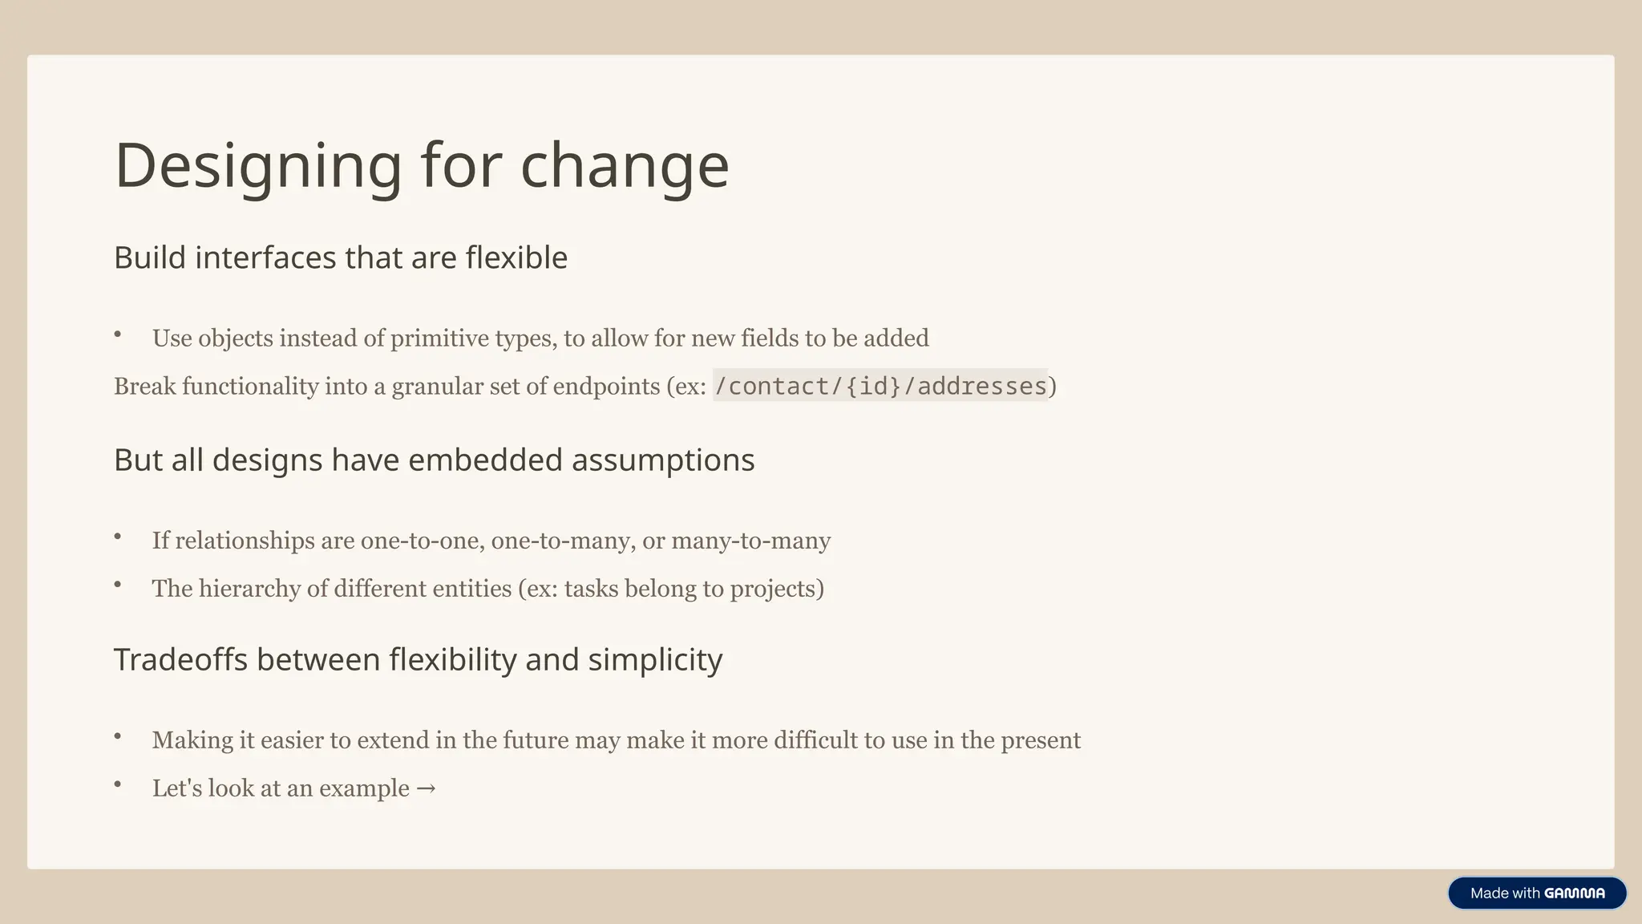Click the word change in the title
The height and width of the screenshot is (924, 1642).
point(625,166)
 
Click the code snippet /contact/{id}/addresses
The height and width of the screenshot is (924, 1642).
point(880,386)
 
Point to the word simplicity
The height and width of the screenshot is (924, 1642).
point(655,660)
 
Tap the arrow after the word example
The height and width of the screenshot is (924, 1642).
point(427,788)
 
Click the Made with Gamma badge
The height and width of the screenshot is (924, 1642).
point(1536,893)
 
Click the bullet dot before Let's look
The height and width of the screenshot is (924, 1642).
point(118,784)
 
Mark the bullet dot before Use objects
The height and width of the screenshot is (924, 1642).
point(118,334)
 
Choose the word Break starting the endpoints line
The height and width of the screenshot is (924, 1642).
point(144,387)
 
